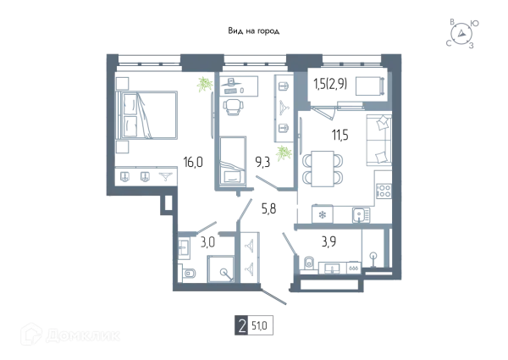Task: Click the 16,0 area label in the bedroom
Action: (x=193, y=162)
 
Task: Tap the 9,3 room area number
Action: (x=262, y=162)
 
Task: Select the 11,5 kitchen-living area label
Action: (x=340, y=135)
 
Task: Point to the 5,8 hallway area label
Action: (x=269, y=208)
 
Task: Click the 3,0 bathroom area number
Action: (x=207, y=242)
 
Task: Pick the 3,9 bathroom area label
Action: (x=329, y=241)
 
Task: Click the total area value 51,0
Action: (x=260, y=325)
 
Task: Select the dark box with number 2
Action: (x=241, y=325)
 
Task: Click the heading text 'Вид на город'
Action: (x=254, y=31)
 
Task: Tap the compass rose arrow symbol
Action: (x=461, y=33)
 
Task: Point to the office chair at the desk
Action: (x=232, y=107)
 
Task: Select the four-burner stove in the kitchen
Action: (x=384, y=191)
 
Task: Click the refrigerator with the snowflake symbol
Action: (x=322, y=213)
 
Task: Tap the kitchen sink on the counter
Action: (x=361, y=215)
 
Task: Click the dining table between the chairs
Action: (x=323, y=169)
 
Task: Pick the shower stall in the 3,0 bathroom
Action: (x=221, y=269)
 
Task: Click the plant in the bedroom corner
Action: (x=204, y=84)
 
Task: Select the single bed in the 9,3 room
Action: (x=233, y=162)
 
